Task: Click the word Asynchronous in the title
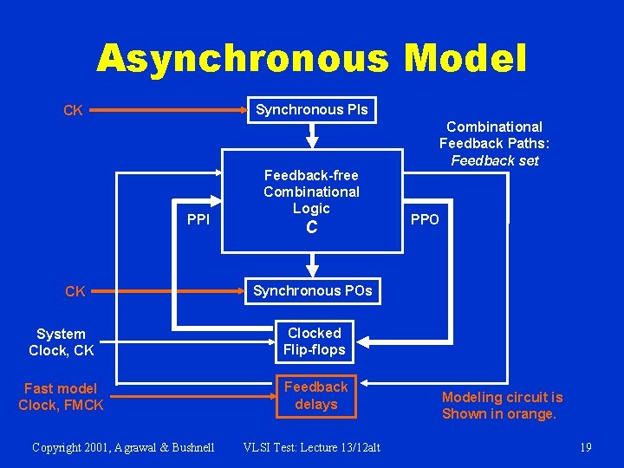(x=244, y=59)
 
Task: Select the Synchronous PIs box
(x=312, y=110)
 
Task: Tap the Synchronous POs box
(x=312, y=291)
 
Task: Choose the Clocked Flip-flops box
(x=315, y=341)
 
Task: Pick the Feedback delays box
(x=315, y=395)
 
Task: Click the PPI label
(x=198, y=219)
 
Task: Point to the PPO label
(x=425, y=219)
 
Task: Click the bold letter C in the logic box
(x=312, y=229)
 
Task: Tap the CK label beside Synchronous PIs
(x=74, y=111)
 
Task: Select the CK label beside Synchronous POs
(x=75, y=292)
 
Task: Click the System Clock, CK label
(x=61, y=342)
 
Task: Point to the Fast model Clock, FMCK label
(x=61, y=397)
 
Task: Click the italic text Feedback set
(x=495, y=160)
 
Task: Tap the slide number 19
(x=585, y=447)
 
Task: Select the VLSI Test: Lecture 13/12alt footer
(x=311, y=447)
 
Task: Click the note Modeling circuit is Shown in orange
(x=502, y=406)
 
